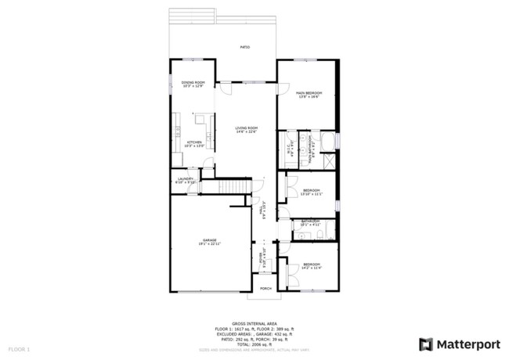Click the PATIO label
pyautogui.click(x=244, y=48)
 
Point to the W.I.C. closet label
pyautogui.click(x=291, y=145)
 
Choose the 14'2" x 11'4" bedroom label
pyautogui.click(x=312, y=266)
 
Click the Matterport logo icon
pyautogui.click(x=426, y=344)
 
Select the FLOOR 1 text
pyautogui.click(x=19, y=347)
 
